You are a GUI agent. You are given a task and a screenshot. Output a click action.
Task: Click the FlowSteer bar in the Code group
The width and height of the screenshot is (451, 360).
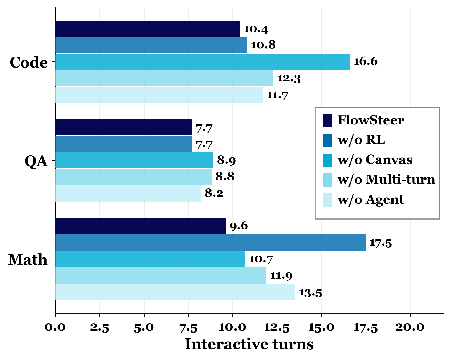(147, 29)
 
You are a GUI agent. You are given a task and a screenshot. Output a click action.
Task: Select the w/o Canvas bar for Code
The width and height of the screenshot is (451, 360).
(202, 62)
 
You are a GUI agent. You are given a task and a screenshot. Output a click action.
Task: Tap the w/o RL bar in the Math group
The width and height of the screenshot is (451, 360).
(210, 243)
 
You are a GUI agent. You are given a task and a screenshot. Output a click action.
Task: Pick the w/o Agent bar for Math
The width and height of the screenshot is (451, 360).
(175, 292)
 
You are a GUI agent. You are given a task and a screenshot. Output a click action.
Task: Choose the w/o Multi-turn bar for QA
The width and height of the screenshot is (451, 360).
(133, 177)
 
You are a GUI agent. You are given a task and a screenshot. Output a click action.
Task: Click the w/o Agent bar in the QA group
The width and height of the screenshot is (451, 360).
(128, 193)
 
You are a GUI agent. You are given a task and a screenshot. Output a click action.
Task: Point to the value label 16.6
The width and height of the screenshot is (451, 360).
(365, 62)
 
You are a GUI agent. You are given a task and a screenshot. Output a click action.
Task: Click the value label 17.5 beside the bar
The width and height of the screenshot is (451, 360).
(381, 243)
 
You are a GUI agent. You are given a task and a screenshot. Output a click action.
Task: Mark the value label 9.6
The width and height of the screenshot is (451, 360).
(239, 226)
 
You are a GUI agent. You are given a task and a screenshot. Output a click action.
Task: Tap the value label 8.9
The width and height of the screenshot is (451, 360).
(226, 160)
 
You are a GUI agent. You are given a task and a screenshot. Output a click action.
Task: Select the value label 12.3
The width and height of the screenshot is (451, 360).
(289, 79)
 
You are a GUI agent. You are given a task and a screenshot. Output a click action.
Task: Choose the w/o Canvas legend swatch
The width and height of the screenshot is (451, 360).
(327, 160)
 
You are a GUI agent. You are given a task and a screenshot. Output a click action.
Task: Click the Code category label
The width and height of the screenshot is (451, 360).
(29, 62)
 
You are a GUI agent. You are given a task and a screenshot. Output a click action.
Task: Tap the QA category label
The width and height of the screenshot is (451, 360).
(36, 161)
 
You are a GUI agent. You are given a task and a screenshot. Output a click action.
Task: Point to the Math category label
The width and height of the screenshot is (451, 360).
(28, 260)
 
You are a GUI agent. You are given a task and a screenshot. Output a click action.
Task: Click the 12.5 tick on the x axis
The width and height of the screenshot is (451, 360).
(277, 327)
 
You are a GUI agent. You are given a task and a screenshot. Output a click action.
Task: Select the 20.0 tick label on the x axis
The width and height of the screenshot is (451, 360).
(410, 327)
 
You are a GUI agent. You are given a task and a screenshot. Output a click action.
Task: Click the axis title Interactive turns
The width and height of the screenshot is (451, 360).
(249, 344)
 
